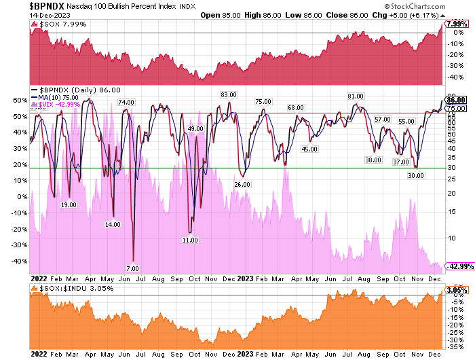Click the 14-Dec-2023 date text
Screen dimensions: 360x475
click(x=18, y=16)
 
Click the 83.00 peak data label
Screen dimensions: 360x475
click(x=228, y=94)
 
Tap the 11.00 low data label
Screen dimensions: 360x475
click(x=191, y=240)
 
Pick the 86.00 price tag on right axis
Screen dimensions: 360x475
click(x=455, y=100)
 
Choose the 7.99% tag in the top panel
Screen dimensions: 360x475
click(x=455, y=24)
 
